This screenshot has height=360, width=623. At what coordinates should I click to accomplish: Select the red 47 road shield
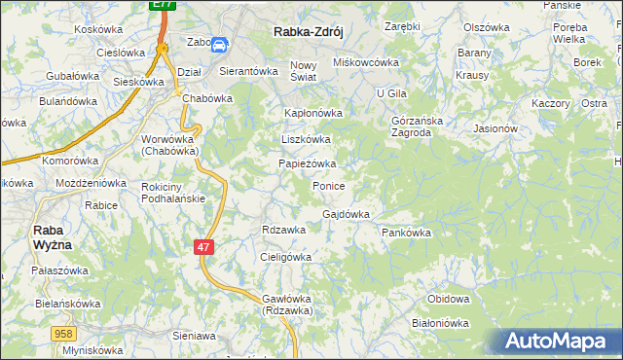(x=202, y=248)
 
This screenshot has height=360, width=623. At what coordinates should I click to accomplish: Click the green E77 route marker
(x=163, y=6)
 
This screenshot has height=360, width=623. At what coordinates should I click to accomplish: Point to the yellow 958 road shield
(x=64, y=334)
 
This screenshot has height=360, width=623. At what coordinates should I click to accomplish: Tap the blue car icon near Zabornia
(x=220, y=44)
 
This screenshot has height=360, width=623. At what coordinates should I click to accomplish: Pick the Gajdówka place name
(x=346, y=214)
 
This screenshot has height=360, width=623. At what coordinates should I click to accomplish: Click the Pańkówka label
(x=406, y=234)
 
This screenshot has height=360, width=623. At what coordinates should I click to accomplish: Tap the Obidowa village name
(x=449, y=299)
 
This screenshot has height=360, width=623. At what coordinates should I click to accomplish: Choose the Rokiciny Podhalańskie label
(x=172, y=193)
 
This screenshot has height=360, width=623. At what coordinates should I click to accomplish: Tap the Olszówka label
(x=487, y=27)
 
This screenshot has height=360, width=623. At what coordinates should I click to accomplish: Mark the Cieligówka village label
(x=285, y=257)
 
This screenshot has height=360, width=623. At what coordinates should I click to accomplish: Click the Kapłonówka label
(x=312, y=113)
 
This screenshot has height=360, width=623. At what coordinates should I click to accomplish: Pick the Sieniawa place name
(x=193, y=335)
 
